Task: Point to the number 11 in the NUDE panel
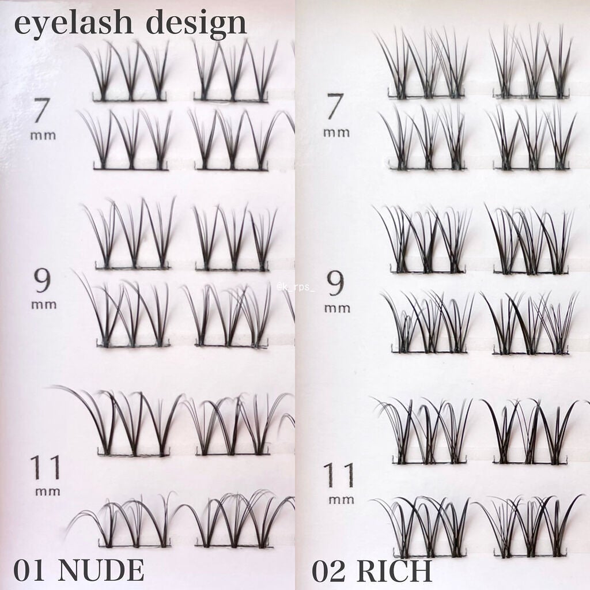click(45, 468)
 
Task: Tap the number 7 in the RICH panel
click(336, 108)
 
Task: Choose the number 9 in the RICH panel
click(336, 282)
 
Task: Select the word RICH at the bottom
click(394, 570)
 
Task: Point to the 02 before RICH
click(329, 570)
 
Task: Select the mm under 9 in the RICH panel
click(337, 308)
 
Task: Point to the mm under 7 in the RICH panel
click(336, 133)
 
